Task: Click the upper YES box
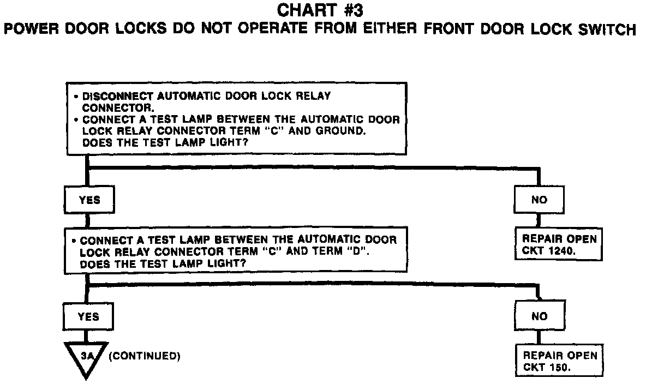(x=89, y=200)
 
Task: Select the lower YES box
(x=88, y=316)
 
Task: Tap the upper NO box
(x=539, y=200)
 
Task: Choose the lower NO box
(x=539, y=316)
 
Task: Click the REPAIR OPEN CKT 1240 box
(x=559, y=245)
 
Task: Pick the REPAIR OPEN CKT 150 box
(x=559, y=361)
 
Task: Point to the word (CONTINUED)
(x=145, y=356)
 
